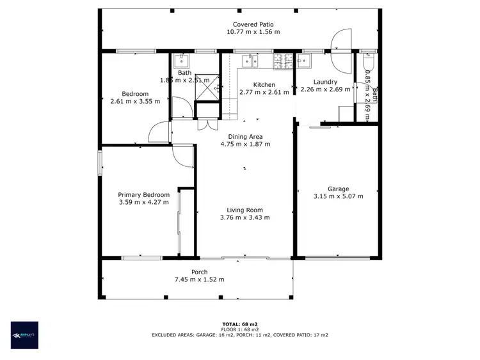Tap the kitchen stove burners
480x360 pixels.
(282, 61)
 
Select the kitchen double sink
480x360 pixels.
(250, 61)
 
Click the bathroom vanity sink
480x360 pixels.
(180, 61)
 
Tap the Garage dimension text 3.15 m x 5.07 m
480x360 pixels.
(338, 196)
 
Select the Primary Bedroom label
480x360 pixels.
(143, 195)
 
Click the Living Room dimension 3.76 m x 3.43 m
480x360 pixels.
(244, 217)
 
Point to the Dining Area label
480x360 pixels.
(245, 136)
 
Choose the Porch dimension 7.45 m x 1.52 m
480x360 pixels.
(199, 279)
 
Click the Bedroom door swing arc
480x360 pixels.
(157, 133)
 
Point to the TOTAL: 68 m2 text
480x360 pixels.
(239, 324)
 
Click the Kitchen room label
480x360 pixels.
(264, 84)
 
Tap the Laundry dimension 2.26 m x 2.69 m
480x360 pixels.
(325, 90)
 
